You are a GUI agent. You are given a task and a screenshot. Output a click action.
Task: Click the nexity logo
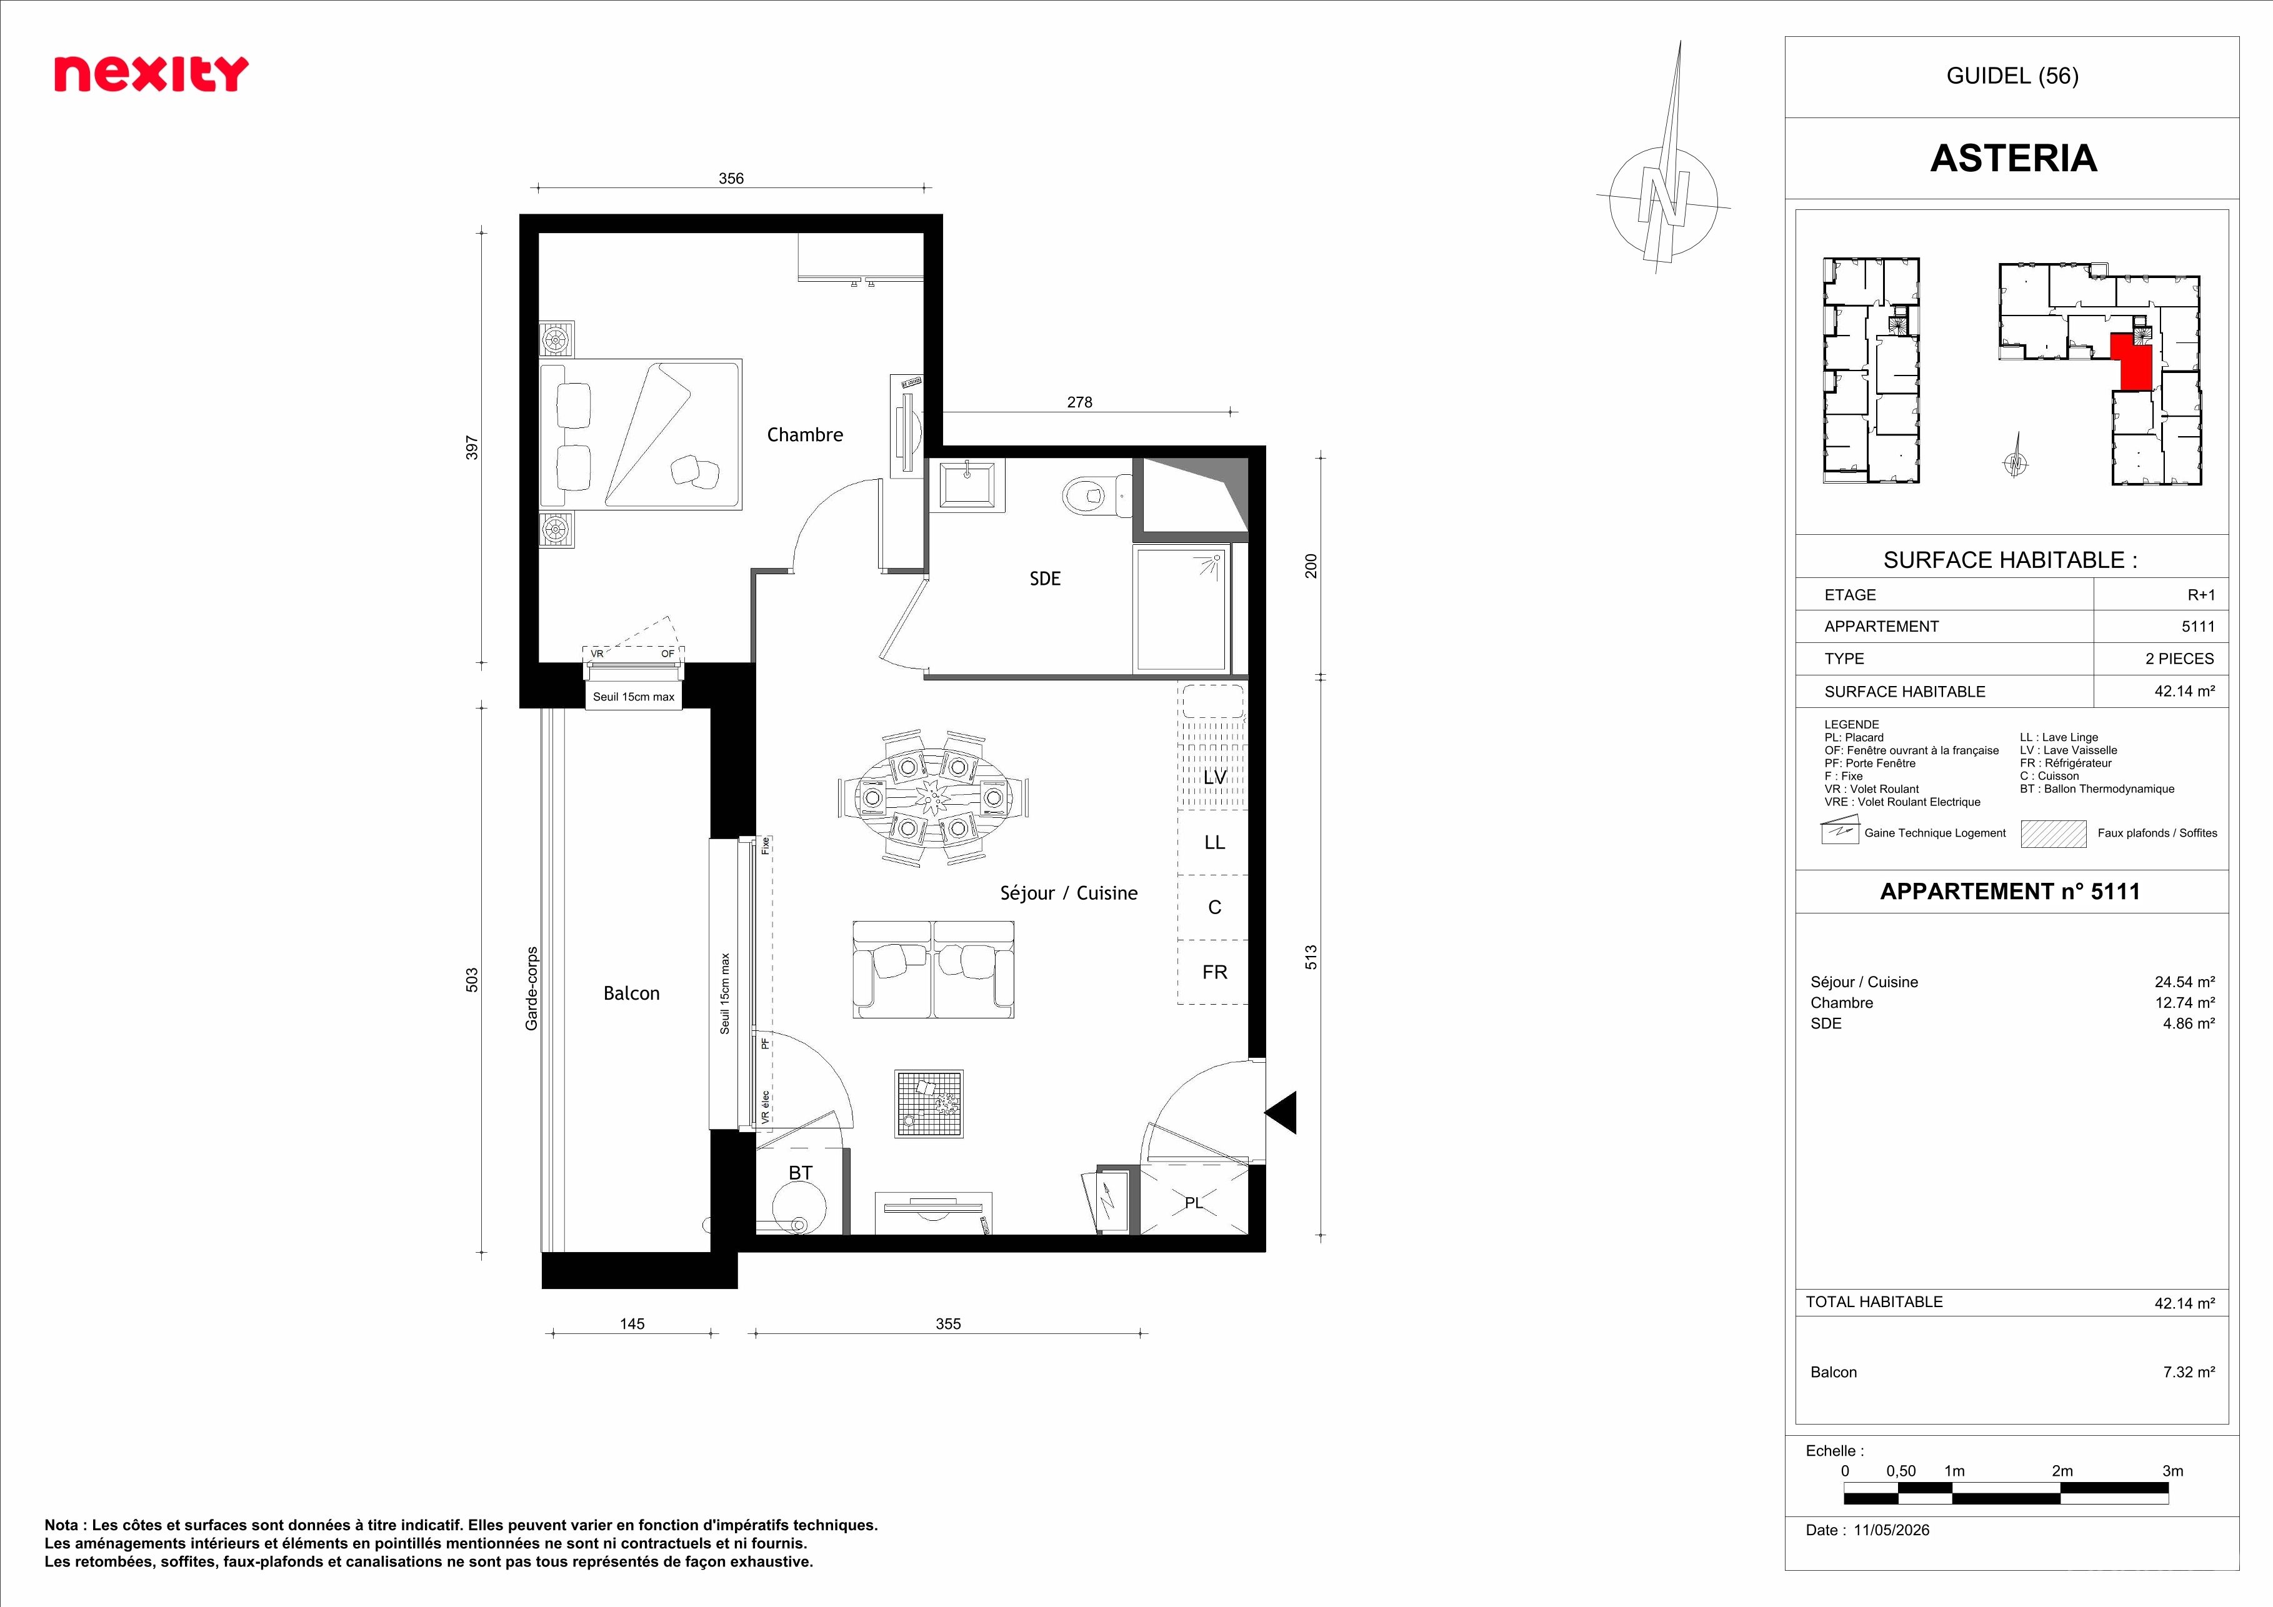pyautogui.click(x=151, y=74)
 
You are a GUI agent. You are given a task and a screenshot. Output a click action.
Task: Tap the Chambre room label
pyautogui.click(x=805, y=434)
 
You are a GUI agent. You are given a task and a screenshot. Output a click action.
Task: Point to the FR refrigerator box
pyautogui.click(x=1214, y=973)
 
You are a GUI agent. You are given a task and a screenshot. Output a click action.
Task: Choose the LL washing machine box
pyautogui.click(x=1214, y=843)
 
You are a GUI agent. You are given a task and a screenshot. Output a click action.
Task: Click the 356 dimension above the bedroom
pyautogui.click(x=731, y=178)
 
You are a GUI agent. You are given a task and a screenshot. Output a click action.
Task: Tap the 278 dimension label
pyautogui.click(x=1079, y=402)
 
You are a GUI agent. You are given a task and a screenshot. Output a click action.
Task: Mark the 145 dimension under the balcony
pyautogui.click(x=632, y=1323)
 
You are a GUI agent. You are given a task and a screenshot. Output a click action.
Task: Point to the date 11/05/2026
pyautogui.click(x=1892, y=1530)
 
